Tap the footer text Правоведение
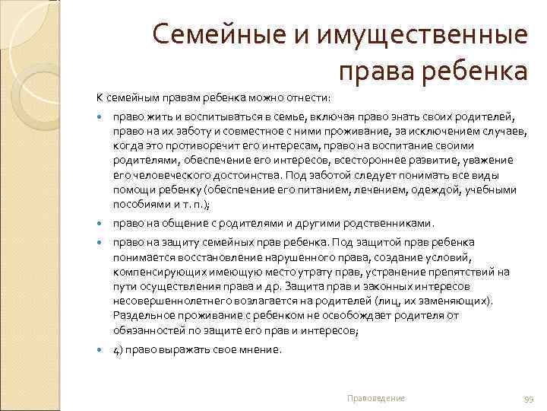click(x=375, y=398)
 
